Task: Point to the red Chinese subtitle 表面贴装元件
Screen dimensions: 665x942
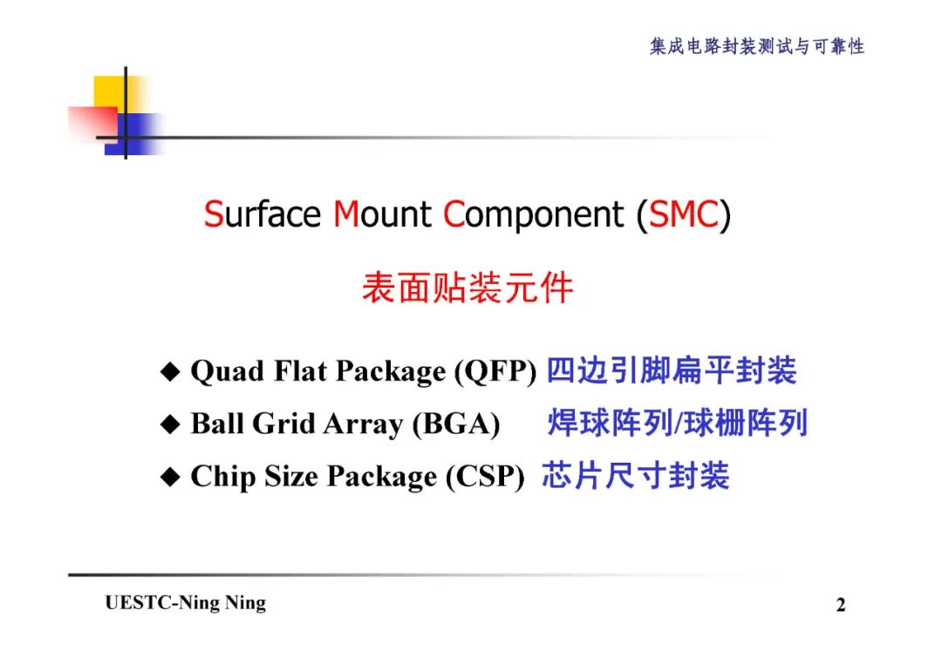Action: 468,288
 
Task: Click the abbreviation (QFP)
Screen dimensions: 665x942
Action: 495,372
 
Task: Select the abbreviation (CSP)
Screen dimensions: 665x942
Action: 485,477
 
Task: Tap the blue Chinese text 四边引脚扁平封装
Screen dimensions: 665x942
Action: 671,370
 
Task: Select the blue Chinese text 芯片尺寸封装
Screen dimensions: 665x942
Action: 635,475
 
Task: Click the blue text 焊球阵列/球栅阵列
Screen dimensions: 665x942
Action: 677,423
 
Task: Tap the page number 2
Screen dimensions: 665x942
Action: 841,605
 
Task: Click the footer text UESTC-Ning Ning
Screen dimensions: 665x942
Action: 185,603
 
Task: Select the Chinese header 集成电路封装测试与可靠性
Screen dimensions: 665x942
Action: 756,46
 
